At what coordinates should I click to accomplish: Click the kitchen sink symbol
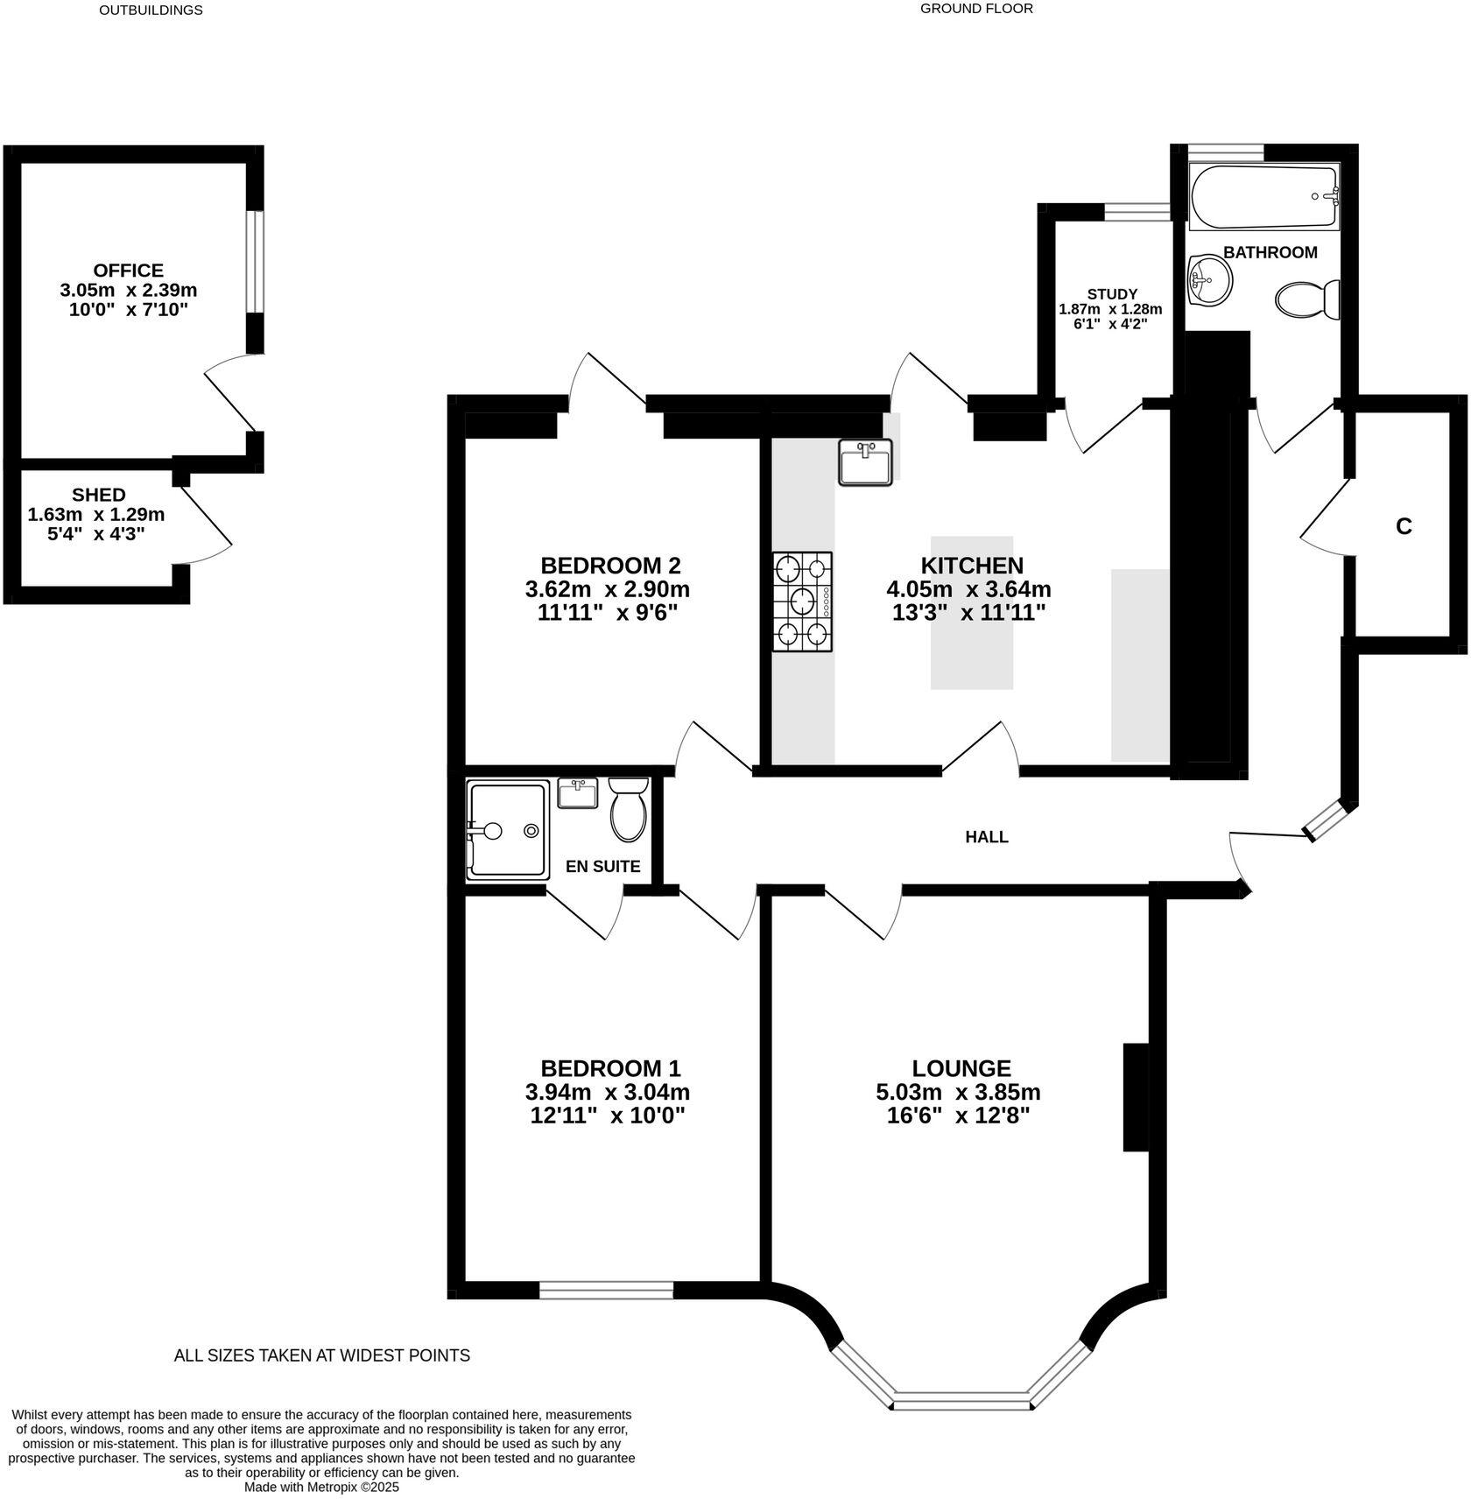(865, 462)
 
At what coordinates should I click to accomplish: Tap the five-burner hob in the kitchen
(802, 602)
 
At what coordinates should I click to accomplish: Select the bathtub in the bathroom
(1264, 196)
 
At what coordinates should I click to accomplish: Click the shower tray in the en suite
(508, 830)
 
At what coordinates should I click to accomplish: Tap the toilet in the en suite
(628, 809)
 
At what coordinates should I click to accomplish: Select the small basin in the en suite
(577, 794)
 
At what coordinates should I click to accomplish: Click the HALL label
(987, 837)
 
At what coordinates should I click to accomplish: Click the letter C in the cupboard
(1404, 526)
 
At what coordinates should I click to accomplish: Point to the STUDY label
(1112, 294)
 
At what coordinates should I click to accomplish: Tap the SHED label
(99, 495)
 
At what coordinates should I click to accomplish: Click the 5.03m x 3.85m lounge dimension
(958, 1092)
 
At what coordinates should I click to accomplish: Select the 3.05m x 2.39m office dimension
(129, 290)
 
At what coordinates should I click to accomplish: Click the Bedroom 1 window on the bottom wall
(606, 1290)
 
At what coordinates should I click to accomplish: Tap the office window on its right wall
(254, 261)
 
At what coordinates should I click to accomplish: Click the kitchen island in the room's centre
(972, 612)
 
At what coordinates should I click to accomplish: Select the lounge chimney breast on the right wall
(1136, 1096)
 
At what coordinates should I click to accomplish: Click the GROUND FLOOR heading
(976, 9)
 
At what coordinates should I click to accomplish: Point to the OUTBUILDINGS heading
(151, 11)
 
